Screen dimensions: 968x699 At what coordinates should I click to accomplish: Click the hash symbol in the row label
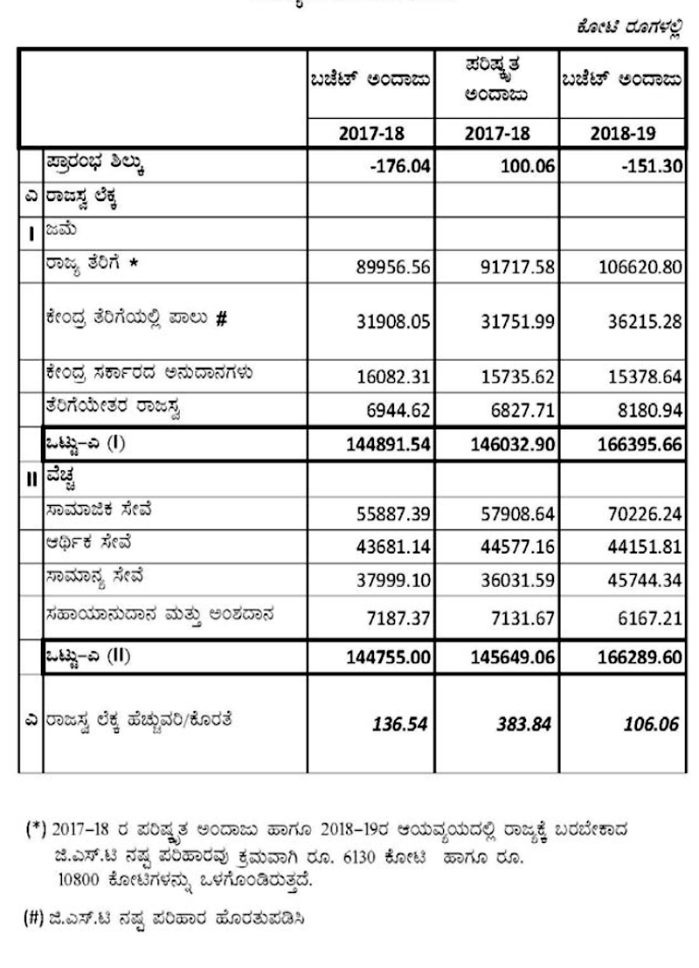[220, 319]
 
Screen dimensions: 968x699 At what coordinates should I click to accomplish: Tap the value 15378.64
[643, 377]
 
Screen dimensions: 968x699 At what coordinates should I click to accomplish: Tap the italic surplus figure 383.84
[526, 725]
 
